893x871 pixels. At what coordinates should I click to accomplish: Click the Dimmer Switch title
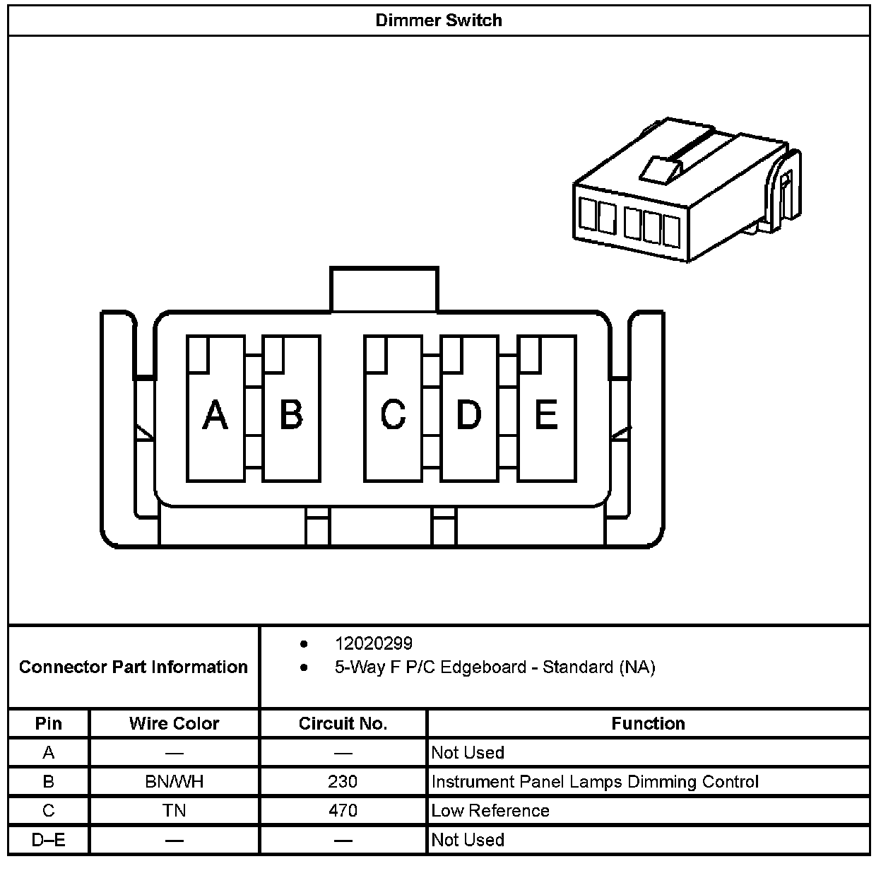point(439,20)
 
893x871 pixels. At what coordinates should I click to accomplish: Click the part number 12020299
point(374,643)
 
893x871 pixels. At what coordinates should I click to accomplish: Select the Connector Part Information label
point(134,667)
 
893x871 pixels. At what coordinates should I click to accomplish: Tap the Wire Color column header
point(174,723)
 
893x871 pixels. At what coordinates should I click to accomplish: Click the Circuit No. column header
point(343,723)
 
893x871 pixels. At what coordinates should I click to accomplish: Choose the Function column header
point(648,723)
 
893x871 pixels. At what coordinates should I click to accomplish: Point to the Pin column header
point(49,723)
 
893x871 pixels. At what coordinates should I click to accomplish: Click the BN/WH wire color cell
point(174,781)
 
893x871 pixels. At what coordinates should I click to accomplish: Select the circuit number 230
point(343,781)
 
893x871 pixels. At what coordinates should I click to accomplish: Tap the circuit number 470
point(343,810)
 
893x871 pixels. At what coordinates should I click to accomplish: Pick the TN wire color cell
point(174,810)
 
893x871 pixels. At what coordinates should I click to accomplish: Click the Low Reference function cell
point(490,810)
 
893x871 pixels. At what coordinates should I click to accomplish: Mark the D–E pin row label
point(49,840)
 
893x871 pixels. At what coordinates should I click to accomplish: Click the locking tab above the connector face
point(384,288)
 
